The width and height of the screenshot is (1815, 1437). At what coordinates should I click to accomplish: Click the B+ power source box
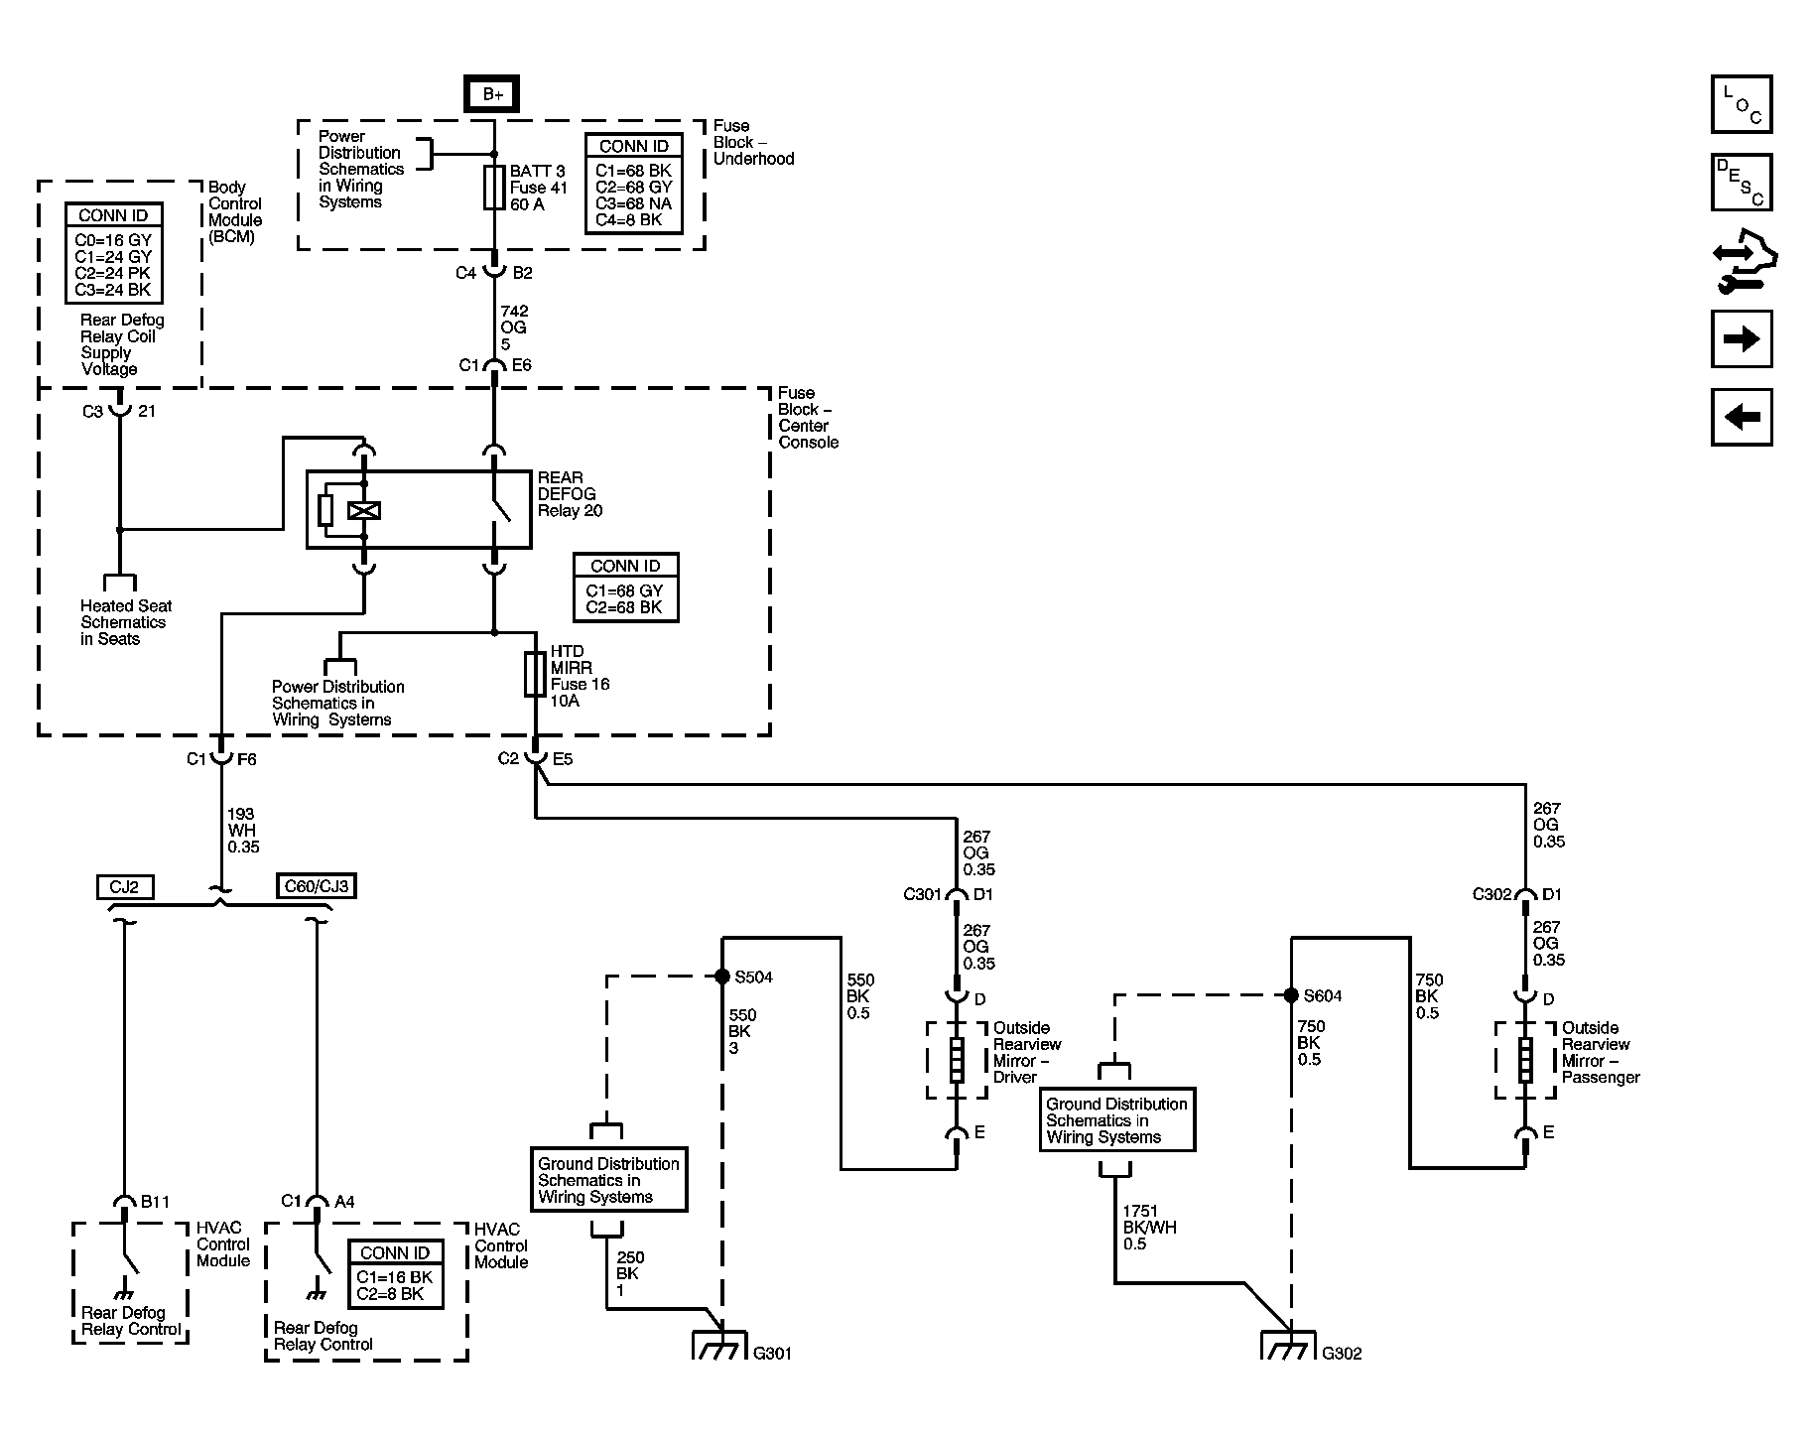(x=492, y=94)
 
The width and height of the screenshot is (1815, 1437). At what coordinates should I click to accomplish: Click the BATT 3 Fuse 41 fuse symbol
(x=494, y=188)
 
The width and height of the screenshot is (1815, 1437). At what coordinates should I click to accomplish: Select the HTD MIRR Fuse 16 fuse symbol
(x=535, y=674)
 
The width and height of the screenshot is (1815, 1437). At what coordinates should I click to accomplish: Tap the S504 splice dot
(x=722, y=977)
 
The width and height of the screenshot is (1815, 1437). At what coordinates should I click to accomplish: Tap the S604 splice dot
(x=1291, y=995)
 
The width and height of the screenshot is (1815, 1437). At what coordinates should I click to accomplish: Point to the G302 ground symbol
(x=1288, y=1345)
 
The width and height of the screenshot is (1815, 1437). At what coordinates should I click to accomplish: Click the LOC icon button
(x=1742, y=104)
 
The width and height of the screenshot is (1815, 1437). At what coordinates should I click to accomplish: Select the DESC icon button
(x=1742, y=182)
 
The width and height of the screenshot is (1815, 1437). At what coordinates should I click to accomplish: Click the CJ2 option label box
(x=125, y=886)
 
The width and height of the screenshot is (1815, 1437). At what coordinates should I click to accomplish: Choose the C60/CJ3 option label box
(x=316, y=886)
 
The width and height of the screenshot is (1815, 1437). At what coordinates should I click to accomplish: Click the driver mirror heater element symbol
(x=957, y=1060)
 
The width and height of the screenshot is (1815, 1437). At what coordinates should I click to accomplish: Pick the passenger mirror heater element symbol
(x=1525, y=1060)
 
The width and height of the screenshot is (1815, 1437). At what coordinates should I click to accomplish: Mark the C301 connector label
(x=922, y=894)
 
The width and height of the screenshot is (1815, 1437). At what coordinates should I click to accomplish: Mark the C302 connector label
(x=1491, y=894)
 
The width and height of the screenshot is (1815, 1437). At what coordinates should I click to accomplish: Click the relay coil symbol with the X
(x=364, y=511)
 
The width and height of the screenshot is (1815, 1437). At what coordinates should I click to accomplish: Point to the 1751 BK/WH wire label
(x=1149, y=1228)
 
